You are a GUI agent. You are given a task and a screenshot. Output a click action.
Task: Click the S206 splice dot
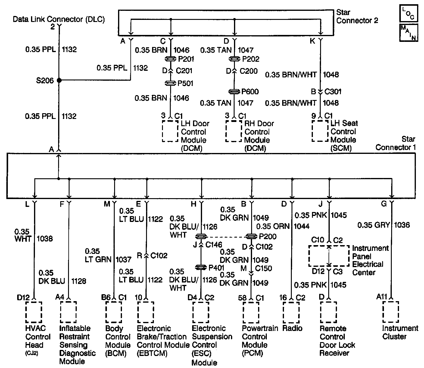(x=59, y=80)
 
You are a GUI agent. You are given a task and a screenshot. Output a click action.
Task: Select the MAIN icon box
(x=408, y=33)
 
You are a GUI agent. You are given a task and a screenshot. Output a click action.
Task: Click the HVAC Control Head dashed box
(x=34, y=312)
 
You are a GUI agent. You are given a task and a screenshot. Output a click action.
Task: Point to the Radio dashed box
(x=291, y=312)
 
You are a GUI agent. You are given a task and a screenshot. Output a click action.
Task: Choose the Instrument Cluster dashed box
(x=391, y=312)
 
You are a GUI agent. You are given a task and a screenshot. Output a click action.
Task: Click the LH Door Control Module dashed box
(x=170, y=131)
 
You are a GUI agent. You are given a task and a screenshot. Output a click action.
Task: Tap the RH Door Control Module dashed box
(x=234, y=131)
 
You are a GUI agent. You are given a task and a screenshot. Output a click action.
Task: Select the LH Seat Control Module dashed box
(x=320, y=131)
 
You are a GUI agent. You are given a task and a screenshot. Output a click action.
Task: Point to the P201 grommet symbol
(x=171, y=59)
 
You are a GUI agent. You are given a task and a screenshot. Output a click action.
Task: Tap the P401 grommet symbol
(x=201, y=267)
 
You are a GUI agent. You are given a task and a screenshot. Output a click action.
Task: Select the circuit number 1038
(x=45, y=239)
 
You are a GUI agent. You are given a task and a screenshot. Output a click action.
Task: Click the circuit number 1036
(x=402, y=225)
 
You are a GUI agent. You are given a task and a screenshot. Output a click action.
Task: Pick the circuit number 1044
(x=301, y=226)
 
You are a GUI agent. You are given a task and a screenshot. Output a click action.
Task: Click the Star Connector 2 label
(x=357, y=17)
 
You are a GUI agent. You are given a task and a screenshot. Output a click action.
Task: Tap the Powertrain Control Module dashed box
(x=251, y=312)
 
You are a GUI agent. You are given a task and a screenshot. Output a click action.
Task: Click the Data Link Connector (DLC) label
(x=59, y=20)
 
